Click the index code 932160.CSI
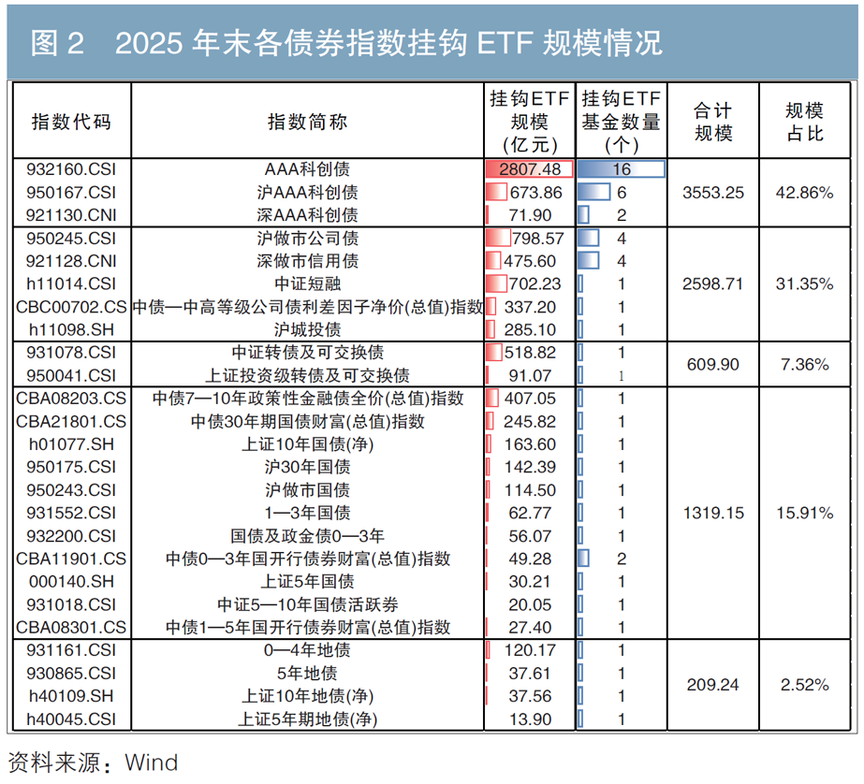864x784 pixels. click(71, 169)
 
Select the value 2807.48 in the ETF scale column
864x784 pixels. click(530, 169)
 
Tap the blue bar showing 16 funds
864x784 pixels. click(621, 169)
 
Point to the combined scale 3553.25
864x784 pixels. click(713, 192)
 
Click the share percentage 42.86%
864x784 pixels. click(804, 192)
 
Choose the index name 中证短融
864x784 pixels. click(307, 283)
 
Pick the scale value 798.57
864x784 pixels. click(538, 238)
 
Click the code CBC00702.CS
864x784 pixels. click(71, 307)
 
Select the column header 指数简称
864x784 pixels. click(307, 122)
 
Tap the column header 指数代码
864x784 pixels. click(71, 122)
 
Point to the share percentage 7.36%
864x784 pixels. click(804, 364)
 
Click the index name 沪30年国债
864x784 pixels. click(307, 467)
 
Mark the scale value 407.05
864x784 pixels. click(530, 398)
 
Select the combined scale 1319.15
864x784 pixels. click(713, 513)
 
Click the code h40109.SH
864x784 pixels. click(71, 696)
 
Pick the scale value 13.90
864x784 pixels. click(530, 719)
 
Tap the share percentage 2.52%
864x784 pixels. click(804, 684)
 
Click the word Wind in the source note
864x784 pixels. click(152, 762)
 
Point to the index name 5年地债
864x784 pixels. click(307, 673)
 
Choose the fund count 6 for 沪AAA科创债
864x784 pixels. click(622, 192)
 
